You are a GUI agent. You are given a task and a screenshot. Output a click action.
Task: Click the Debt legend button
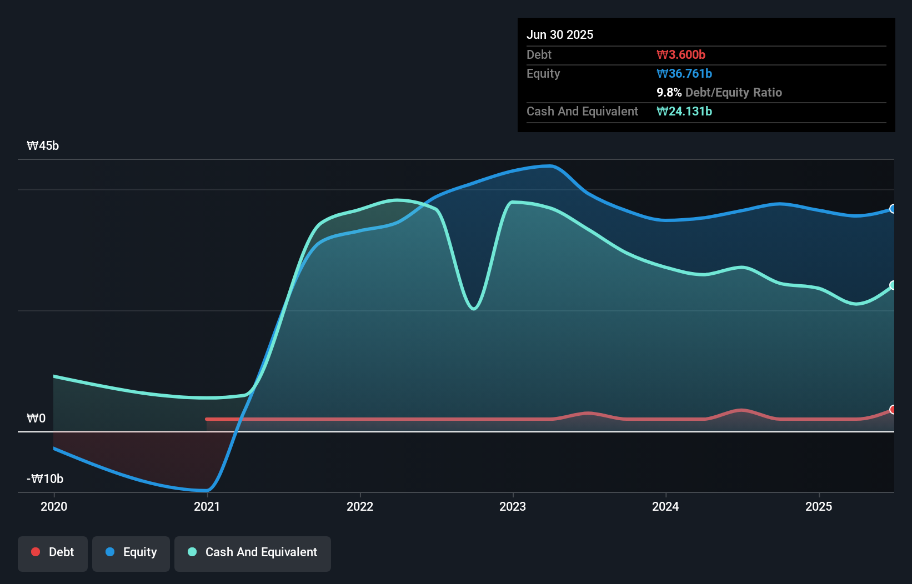(53, 552)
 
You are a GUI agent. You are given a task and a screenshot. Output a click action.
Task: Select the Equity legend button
(131, 552)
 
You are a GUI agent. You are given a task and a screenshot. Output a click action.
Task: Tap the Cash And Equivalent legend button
(253, 552)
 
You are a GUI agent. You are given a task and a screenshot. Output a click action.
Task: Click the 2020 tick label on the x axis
(54, 506)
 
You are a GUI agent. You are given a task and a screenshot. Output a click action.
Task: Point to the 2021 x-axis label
(207, 506)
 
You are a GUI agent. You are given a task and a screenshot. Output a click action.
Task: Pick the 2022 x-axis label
(360, 506)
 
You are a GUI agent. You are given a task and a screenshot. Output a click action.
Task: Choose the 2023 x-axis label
(513, 506)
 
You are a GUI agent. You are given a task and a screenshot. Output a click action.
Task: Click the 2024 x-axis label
(665, 506)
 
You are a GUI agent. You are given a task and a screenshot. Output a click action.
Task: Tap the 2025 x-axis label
(819, 506)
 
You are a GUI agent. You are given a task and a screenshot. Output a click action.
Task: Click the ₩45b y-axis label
(43, 146)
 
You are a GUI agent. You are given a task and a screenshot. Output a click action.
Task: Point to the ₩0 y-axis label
(36, 419)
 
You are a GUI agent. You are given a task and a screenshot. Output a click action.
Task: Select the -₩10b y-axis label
(45, 479)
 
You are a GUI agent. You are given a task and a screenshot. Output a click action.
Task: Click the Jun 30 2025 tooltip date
(560, 34)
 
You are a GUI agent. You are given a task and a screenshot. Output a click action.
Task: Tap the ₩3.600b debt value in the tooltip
(681, 54)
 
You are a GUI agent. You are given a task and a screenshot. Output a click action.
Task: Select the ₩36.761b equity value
(684, 73)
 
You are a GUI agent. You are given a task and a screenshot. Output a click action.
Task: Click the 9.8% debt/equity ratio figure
(669, 92)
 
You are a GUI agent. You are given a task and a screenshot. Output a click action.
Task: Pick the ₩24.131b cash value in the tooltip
(684, 111)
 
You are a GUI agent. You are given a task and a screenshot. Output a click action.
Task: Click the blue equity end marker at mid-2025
(893, 209)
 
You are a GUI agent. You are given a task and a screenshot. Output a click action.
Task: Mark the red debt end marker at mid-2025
(893, 410)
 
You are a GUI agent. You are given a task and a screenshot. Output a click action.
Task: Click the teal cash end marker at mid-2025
(893, 285)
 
